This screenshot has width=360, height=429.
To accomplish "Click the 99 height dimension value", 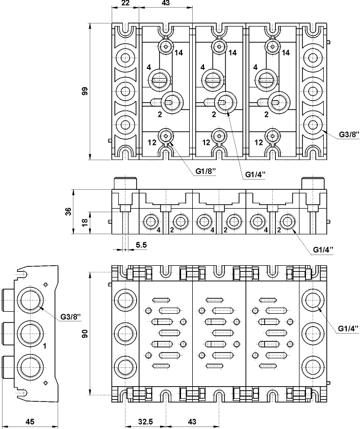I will pos(85,91).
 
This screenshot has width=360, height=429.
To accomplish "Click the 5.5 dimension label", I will pos(141,245).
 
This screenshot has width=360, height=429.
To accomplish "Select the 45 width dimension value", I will pos(30,421).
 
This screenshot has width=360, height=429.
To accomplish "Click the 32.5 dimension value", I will pos(146,421).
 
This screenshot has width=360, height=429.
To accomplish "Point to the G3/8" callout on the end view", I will pos(70,317).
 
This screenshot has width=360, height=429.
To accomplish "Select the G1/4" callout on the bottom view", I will pos(348,328).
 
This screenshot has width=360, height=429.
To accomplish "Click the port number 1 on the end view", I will pos(45,346).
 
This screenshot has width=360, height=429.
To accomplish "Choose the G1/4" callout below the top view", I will pos(256,174).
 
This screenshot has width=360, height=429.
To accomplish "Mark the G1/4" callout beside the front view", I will pos(323,249).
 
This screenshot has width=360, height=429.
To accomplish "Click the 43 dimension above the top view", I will pos(166,4).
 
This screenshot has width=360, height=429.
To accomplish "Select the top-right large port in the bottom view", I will pos(312,300).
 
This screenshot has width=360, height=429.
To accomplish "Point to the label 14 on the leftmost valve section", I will pos(178,53).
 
